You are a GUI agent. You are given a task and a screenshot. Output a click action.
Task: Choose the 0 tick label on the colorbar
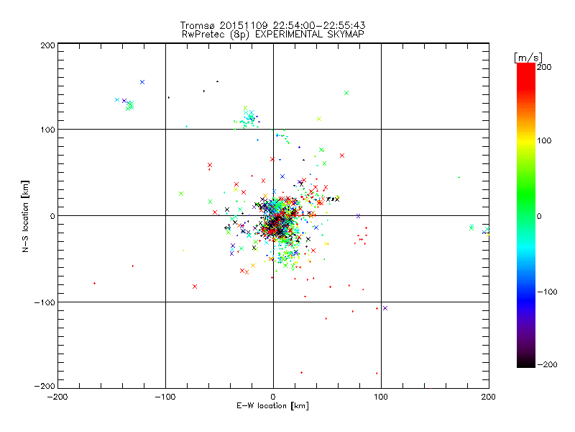[x=543, y=217]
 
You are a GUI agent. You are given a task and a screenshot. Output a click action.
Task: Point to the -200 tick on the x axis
[x=57, y=397]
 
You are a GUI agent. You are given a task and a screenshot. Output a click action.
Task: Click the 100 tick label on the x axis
[x=381, y=397]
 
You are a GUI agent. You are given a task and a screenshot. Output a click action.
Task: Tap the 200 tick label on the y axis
[x=47, y=45]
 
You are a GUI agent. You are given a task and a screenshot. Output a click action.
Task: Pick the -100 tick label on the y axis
[x=45, y=302]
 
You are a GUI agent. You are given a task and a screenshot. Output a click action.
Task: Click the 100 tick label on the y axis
[x=47, y=130]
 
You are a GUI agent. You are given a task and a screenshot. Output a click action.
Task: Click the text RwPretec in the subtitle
[x=202, y=34]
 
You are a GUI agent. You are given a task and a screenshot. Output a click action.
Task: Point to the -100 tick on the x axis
[x=165, y=397]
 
